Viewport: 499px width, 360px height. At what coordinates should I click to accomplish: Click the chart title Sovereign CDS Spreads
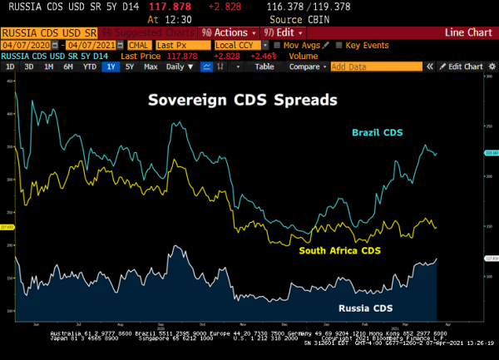click(x=242, y=100)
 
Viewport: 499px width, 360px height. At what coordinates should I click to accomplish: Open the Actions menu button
click(x=230, y=32)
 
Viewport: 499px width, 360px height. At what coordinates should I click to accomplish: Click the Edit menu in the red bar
click(x=280, y=32)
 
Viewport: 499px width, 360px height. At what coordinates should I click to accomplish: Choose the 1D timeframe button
click(x=10, y=67)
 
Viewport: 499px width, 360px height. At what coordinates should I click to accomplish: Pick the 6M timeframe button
click(x=67, y=67)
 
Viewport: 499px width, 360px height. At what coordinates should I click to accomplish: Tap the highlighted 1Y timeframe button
click(x=110, y=67)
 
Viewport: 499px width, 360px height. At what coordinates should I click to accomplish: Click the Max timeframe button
click(x=151, y=67)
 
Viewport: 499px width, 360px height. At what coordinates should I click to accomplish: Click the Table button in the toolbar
click(x=264, y=67)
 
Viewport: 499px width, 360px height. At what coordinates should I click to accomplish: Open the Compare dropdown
click(x=307, y=67)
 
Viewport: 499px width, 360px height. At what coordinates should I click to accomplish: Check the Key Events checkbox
click(x=339, y=44)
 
